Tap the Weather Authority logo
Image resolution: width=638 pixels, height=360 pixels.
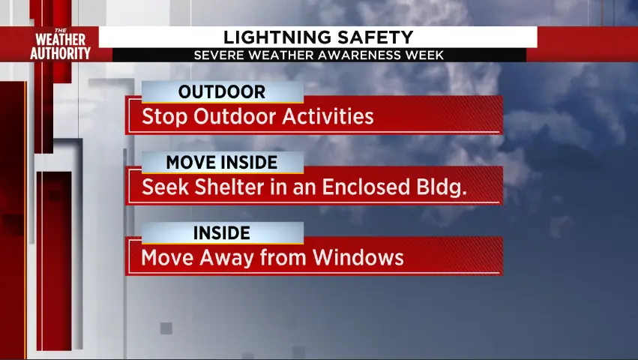[x=60, y=45]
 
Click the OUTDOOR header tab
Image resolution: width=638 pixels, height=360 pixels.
[x=222, y=91]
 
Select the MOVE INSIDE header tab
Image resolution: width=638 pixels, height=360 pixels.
[x=222, y=162]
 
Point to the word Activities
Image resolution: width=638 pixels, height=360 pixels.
[x=328, y=116]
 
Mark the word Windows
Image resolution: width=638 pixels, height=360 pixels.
[x=358, y=257]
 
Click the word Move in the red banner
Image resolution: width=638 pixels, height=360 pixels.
[x=167, y=258]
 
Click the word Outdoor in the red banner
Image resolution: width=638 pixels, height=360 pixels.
[x=235, y=116]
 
